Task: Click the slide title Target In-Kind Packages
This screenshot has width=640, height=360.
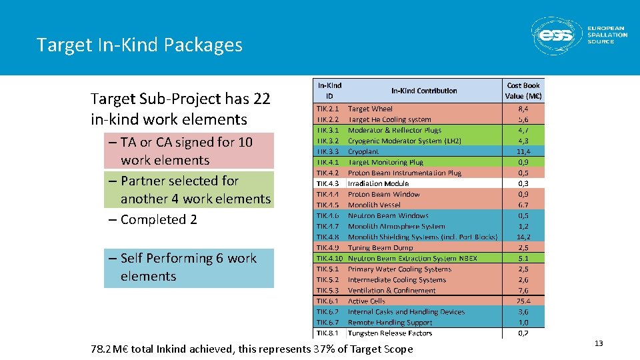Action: coord(139,45)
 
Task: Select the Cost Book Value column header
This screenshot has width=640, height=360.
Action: coord(523,91)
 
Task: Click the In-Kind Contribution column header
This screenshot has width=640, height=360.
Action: coord(424,91)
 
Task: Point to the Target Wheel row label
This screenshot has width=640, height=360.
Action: coord(370,109)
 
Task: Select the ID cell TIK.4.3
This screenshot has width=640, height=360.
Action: coord(329,183)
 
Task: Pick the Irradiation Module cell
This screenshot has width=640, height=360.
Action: coord(378,183)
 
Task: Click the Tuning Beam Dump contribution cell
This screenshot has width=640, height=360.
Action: coord(380,247)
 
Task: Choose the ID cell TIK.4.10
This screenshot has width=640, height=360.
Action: coord(330,258)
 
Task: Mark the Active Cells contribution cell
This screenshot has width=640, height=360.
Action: coord(367,301)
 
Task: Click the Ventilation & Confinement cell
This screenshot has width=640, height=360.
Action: coord(392,290)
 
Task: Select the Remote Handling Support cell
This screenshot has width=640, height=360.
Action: coord(390,322)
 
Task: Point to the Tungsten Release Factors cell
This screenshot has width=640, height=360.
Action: coord(390,333)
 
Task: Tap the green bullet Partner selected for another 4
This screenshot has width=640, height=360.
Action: coord(189,189)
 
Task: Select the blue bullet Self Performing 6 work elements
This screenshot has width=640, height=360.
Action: coord(189,267)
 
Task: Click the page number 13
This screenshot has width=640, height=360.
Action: coord(598,343)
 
